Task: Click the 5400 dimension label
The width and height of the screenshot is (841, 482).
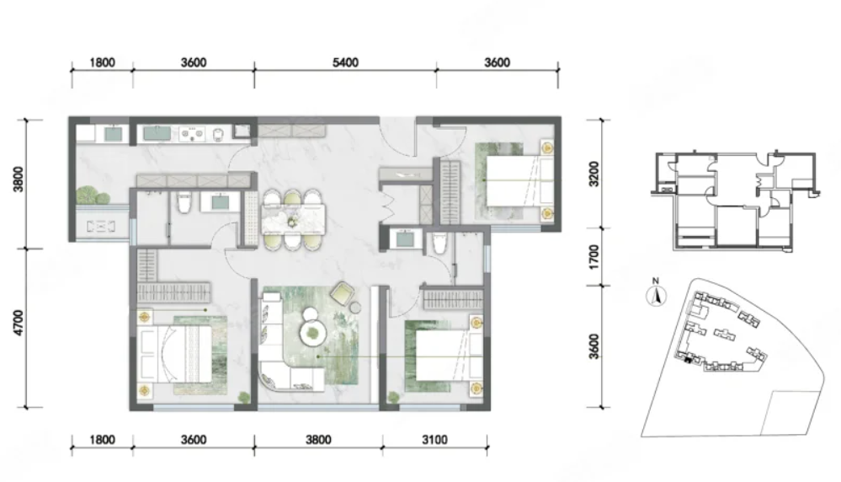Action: tap(345, 62)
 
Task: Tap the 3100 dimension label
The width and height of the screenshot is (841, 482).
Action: tap(434, 440)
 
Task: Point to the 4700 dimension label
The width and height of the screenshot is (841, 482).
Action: tap(19, 323)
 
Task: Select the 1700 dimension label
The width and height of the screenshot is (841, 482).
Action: tap(593, 257)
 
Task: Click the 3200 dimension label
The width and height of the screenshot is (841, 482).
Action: tap(593, 174)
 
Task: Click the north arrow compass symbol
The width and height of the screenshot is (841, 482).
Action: tap(656, 296)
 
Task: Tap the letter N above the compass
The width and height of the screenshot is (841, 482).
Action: tap(656, 281)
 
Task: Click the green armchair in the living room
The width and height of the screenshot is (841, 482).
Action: tap(342, 293)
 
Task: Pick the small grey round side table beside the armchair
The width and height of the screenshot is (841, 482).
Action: tap(355, 308)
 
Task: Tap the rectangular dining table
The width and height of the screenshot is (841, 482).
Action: tap(294, 220)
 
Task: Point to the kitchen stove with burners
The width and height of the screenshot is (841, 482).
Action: tap(192, 133)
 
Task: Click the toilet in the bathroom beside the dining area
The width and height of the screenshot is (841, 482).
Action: tap(184, 202)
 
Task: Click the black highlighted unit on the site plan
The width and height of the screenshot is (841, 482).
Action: tap(688, 360)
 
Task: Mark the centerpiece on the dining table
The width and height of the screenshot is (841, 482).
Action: tap(292, 220)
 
